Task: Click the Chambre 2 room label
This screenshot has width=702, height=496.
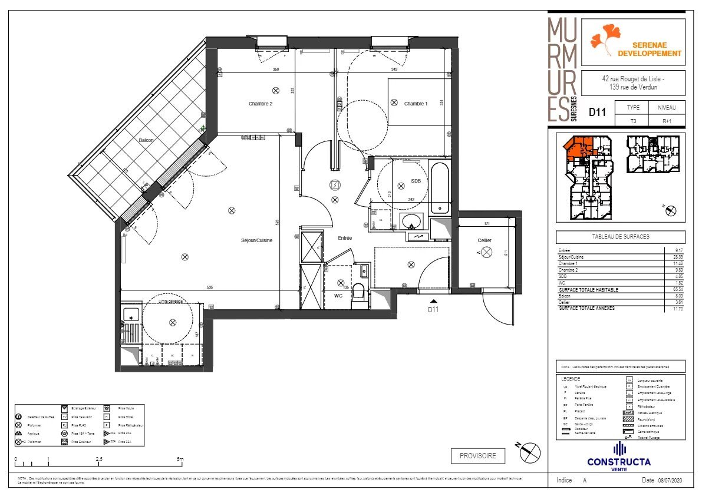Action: (260, 104)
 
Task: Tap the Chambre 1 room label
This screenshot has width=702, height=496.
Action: (415, 104)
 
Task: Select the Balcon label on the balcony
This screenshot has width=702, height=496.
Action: (146, 140)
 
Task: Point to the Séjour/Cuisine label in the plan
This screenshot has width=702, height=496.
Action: (256, 240)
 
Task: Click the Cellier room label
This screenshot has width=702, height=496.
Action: (485, 240)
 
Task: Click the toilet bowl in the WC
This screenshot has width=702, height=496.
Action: (358, 298)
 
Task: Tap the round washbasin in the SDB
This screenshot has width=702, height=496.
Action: (410, 221)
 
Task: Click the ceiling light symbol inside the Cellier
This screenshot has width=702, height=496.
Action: (487, 253)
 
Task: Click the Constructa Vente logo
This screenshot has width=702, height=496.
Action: (618, 456)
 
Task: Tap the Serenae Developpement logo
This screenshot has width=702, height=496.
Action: (633, 42)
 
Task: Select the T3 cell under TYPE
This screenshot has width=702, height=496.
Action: (632, 122)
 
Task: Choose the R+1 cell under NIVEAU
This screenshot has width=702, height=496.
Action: (667, 122)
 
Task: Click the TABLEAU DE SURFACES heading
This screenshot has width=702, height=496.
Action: (620, 237)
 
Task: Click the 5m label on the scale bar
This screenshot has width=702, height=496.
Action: (180, 458)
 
